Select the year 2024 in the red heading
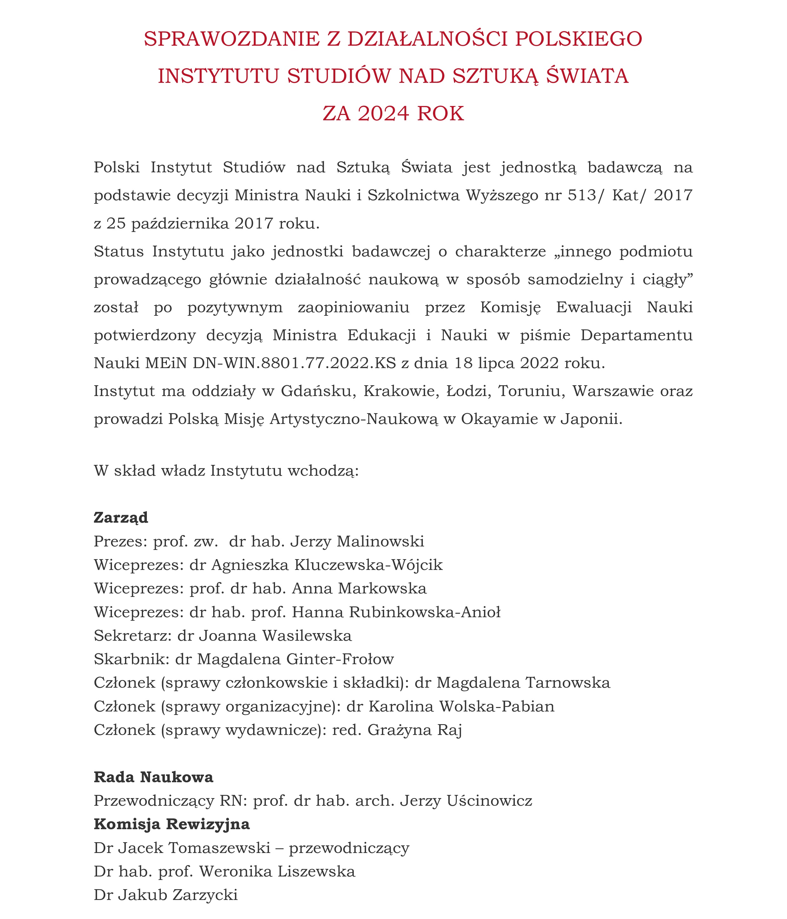click(383, 114)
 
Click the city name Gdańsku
click(319, 391)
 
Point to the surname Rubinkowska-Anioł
click(425, 612)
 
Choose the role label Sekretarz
click(132, 636)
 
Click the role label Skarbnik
click(130, 659)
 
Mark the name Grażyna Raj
click(415, 730)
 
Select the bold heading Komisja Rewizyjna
click(172, 824)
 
